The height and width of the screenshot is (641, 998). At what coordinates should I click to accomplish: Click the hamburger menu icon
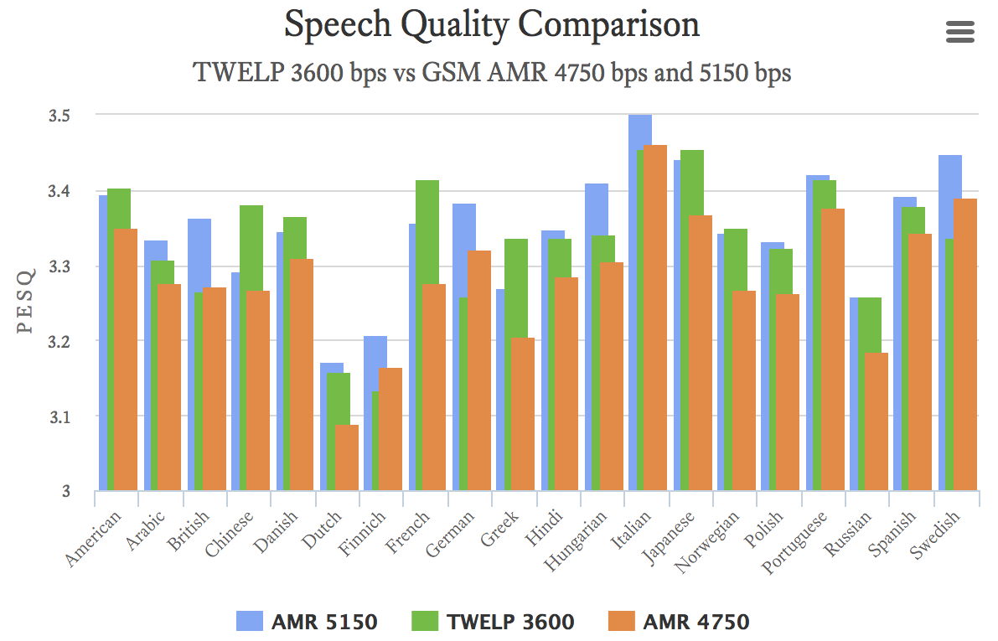(x=959, y=32)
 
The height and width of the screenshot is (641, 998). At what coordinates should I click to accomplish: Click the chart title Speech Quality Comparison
(x=491, y=25)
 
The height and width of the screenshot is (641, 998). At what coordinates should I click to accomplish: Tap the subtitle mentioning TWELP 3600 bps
(x=492, y=73)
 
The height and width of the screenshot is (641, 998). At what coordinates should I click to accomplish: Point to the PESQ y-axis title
(x=26, y=302)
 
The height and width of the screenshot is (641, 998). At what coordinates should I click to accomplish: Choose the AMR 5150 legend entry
(x=307, y=622)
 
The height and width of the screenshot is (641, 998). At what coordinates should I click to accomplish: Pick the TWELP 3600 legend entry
(x=494, y=622)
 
